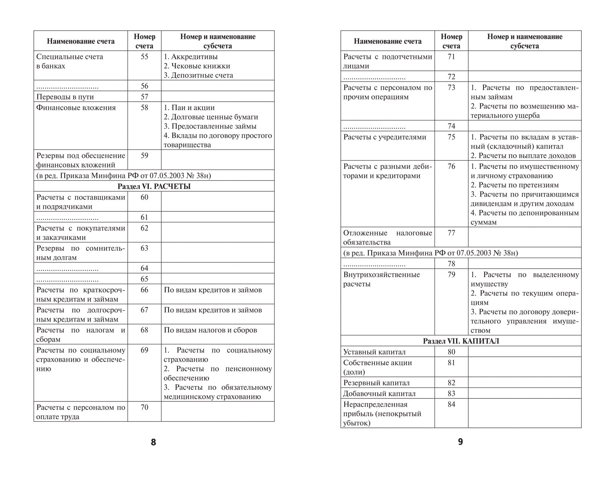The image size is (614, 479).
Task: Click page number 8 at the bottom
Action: tap(153, 442)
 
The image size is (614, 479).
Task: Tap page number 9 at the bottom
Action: tap(460, 442)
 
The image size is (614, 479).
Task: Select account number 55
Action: tap(144, 57)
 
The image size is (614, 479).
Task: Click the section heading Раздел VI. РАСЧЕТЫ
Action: tap(154, 186)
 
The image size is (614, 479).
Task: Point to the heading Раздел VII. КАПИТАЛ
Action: tap(461, 341)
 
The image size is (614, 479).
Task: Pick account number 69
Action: tap(144, 350)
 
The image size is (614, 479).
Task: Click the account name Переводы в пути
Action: tap(65, 97)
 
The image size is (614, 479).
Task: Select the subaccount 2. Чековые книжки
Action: tap(197, 66)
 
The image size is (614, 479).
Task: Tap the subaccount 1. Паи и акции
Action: tap(189, 108)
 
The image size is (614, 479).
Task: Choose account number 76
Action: tap(451, 166)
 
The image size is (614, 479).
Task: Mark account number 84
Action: tap(451, 404)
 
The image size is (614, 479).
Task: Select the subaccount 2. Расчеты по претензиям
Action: tap(515, 185)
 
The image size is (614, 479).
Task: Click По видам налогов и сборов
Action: tap(210, 330)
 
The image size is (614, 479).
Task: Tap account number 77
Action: tap(451, 233)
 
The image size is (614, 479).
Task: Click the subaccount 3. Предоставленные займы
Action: tap(210, 126)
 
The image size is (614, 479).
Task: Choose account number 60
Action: tap(144, 197)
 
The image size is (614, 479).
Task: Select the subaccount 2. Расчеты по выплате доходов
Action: tap(523, 156)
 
